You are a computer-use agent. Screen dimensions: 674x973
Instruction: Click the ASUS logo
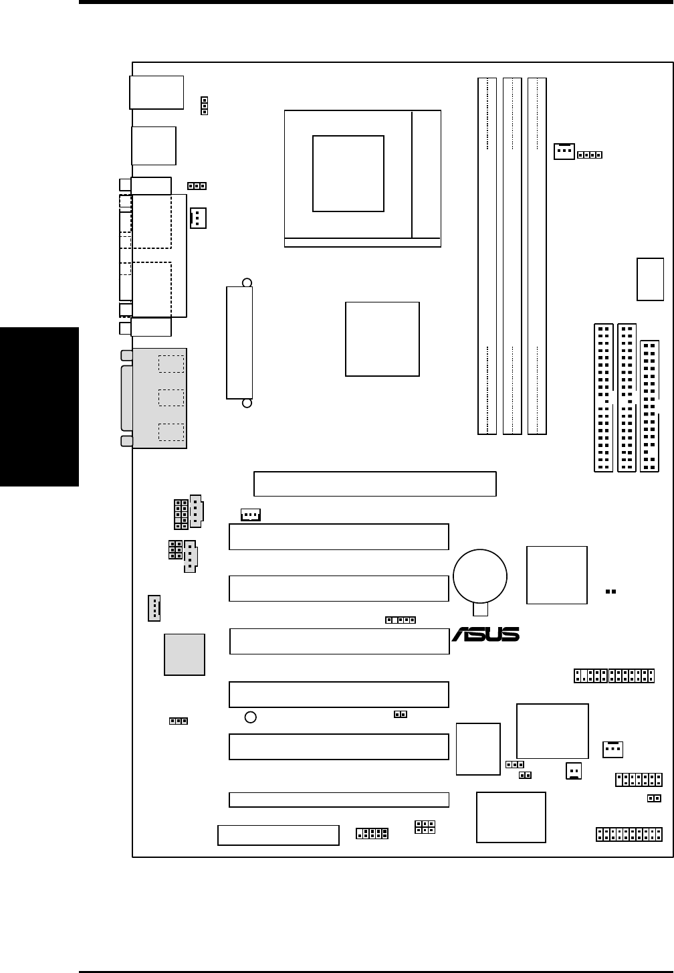[x=485, y=634]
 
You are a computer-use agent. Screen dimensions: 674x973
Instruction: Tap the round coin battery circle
[x=479, y=576]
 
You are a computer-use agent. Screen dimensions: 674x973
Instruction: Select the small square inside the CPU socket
[x=348, y=173]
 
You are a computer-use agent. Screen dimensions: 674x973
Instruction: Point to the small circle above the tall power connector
[x=247, y=282]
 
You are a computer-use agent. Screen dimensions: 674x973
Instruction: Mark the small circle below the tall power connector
[x=247, y=404]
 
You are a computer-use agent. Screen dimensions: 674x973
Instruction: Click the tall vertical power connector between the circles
[x=239, y=343]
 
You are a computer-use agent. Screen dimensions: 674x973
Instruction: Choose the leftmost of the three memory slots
[x=487, y=256]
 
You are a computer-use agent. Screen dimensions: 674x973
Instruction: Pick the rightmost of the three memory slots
[x=537, y=256]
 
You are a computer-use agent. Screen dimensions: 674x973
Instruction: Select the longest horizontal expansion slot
[x=375, y=484]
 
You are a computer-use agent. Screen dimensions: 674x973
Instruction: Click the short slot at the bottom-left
[x=278, y=835]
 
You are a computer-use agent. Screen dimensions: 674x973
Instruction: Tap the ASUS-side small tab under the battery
[x=480, y=609]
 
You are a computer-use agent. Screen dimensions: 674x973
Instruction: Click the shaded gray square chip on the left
[x=185, y=654]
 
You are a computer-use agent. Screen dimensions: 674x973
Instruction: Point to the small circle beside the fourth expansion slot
[x=250, y=717]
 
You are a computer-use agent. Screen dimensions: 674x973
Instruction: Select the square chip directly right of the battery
[x=557, y=575]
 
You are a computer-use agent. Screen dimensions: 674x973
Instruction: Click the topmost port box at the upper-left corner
[x=156, y=92]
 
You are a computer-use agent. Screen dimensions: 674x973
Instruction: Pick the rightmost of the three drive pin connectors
[x=649, y=406]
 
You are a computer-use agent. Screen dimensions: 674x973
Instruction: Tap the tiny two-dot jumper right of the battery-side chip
[x=610, y=592]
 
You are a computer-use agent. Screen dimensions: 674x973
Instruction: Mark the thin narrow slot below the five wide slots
[x=338, y=799]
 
